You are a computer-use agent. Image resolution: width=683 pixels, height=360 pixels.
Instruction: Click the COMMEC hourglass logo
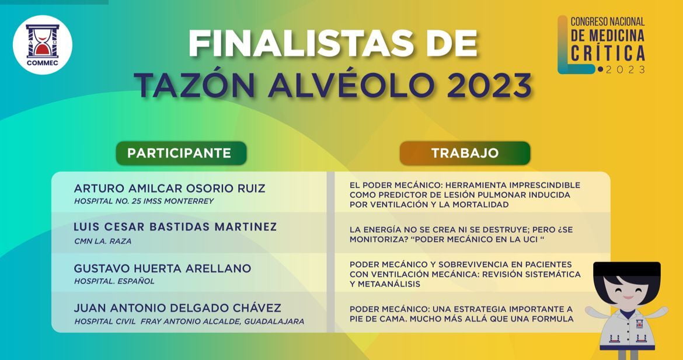[42, 45]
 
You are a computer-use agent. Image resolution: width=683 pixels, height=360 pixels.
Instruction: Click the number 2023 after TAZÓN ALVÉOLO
[488, 85]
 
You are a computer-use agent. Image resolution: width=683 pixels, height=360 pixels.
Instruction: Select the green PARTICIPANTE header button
[181, 153]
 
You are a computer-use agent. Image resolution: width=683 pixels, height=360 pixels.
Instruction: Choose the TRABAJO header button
[465, 153]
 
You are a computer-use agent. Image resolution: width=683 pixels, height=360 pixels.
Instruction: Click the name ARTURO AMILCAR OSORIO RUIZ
[169, 188]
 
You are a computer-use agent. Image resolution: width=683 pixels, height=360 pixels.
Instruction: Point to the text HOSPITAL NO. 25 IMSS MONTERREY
[144, 201]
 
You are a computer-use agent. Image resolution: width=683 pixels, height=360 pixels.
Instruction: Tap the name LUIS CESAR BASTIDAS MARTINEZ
[175, 227]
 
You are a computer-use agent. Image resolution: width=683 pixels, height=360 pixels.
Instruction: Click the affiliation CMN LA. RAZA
[103, 241]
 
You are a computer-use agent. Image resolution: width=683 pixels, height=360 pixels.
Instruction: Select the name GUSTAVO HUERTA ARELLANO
[162, 268]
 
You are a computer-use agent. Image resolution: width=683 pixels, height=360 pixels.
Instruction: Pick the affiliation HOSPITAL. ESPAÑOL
[114, 281]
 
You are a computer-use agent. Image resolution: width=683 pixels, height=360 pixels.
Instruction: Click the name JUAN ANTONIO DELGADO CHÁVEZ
[177, 307]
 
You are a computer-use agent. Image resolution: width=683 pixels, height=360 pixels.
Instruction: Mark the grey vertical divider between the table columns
[330, 252]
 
